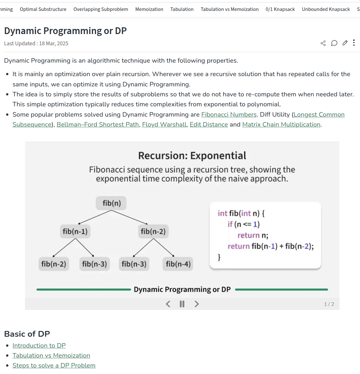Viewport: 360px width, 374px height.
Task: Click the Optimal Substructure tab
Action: point(43,9)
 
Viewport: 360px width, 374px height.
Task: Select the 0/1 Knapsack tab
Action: point(280,9)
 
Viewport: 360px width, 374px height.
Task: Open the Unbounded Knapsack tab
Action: point(326,9)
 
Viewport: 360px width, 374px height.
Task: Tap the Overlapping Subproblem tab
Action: point(101,9)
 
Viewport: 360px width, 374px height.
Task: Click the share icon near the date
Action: point(323,43)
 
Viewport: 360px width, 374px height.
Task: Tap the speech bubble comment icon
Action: point(334,43)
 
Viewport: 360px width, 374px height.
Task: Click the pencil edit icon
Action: point(345,43)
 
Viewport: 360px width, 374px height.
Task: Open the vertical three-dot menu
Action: point(354,43)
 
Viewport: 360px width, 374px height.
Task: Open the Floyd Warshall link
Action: point(164,125)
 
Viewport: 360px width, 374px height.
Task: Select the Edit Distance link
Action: point(208,125)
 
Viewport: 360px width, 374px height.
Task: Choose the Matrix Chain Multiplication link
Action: point(281,125)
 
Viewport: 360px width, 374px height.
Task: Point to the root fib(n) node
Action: point(111,203)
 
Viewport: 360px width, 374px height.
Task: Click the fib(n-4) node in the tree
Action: point(178,264)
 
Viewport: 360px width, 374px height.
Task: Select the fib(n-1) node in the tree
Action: point(75,231)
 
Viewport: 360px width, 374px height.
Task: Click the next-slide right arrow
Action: point(197,304)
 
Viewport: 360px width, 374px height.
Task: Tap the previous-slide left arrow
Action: point(168,304)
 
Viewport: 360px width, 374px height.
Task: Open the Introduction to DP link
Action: point(39,345)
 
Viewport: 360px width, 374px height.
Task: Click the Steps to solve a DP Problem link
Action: point(54,365)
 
